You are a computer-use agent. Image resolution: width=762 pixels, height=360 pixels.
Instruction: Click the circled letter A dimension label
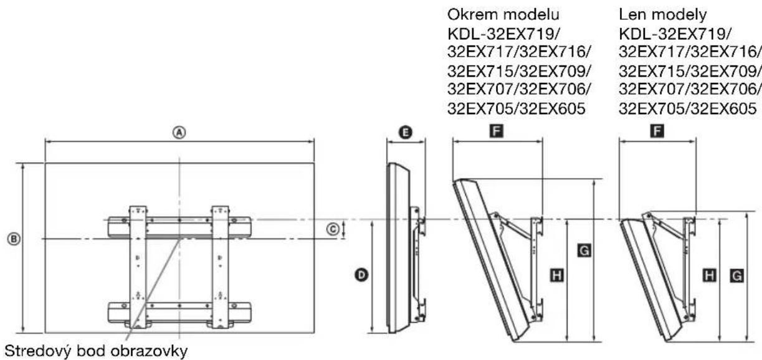[x=179, y=133]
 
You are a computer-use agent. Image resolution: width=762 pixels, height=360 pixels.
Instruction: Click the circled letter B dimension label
[x=11, y=238]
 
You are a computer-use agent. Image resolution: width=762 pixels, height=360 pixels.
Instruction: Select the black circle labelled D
[x=361, y=274]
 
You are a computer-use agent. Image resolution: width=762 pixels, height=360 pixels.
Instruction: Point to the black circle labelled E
[x=406, y=132]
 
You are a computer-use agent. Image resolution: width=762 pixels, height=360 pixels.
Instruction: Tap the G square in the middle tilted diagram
[x=584, y=250]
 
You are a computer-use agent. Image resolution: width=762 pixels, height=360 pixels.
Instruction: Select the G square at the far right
[x=736, y=274]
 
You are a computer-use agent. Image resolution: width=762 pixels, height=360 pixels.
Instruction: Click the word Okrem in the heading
[x=469, y=12]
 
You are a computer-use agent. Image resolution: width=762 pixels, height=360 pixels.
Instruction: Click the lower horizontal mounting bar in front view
[x=179, y=310]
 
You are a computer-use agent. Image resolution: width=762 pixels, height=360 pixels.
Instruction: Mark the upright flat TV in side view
[x=398, y=249]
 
